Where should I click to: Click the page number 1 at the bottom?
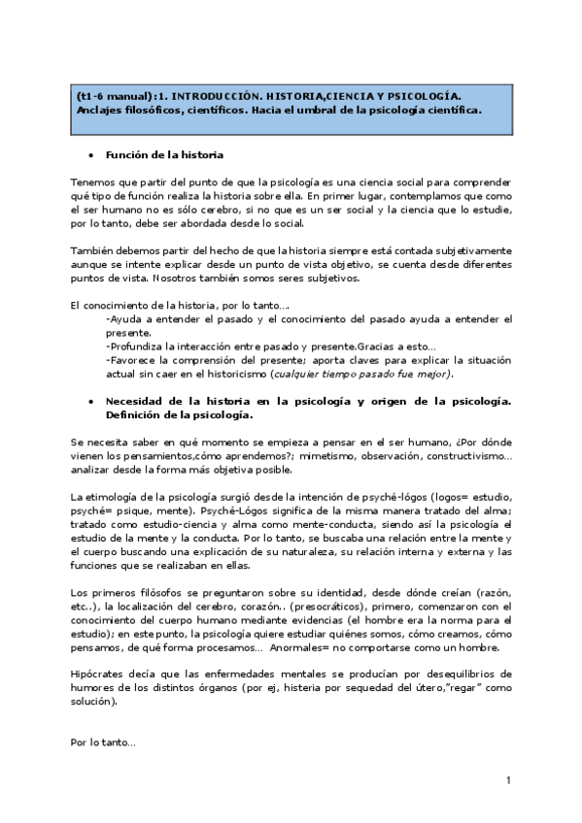tap(508, 780)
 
